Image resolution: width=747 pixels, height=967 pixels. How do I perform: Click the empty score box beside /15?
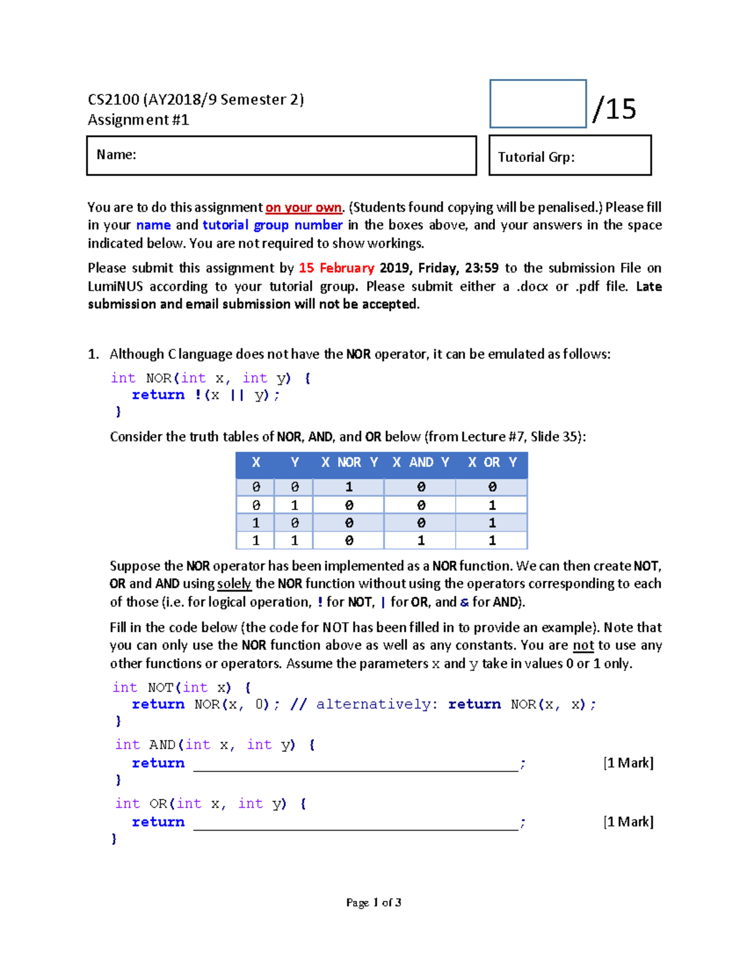[538, 104]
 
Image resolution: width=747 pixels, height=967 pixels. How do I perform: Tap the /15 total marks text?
[614, 109]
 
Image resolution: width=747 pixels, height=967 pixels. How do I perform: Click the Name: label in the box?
[116, 154]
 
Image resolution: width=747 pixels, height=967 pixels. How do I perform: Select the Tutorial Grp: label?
[536, 157]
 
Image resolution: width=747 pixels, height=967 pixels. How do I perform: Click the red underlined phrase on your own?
[304, 207]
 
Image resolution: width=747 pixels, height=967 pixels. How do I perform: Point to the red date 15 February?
[336, 268]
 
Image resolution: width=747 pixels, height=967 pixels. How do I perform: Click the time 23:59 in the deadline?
[481, 268]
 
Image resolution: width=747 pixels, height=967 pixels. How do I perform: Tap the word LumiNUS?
[115, 286]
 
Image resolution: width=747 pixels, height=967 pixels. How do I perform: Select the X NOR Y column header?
[349, 462]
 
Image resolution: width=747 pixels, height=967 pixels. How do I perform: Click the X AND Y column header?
[421, 462]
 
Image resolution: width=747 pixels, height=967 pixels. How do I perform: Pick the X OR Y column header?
[492, 462]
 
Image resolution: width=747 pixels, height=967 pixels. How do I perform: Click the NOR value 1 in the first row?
[349, 487]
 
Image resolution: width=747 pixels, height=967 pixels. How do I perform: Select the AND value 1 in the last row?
[421, 540]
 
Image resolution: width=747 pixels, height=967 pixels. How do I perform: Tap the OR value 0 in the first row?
[492, 487]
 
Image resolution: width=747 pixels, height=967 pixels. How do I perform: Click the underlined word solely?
[234, 584]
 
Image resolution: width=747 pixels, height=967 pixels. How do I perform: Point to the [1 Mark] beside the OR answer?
[628, 822]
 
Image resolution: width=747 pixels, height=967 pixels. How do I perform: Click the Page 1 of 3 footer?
[374, 902]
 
